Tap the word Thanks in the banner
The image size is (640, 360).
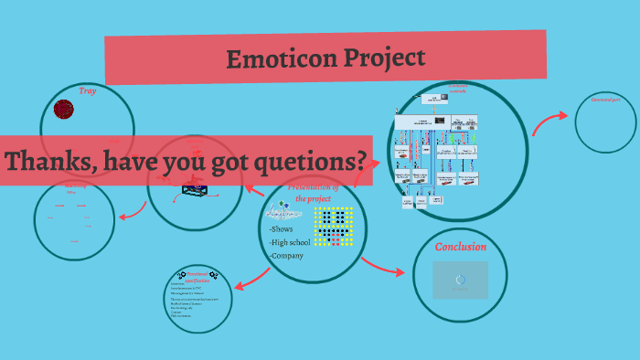click(x=45, y=162)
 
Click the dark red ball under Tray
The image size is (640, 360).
click(x=63, y=110)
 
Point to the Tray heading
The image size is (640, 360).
click(x=87, y=91)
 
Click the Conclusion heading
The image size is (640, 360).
click(x=460, y=247)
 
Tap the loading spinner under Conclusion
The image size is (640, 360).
click(x=460, y=281)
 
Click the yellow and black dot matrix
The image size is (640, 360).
click(x=333, y=226)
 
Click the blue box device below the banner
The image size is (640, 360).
click(x=195, y=189)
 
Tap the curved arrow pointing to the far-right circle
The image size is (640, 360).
click(x=549, y=122)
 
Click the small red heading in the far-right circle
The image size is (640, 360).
click(x=605, y=99)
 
